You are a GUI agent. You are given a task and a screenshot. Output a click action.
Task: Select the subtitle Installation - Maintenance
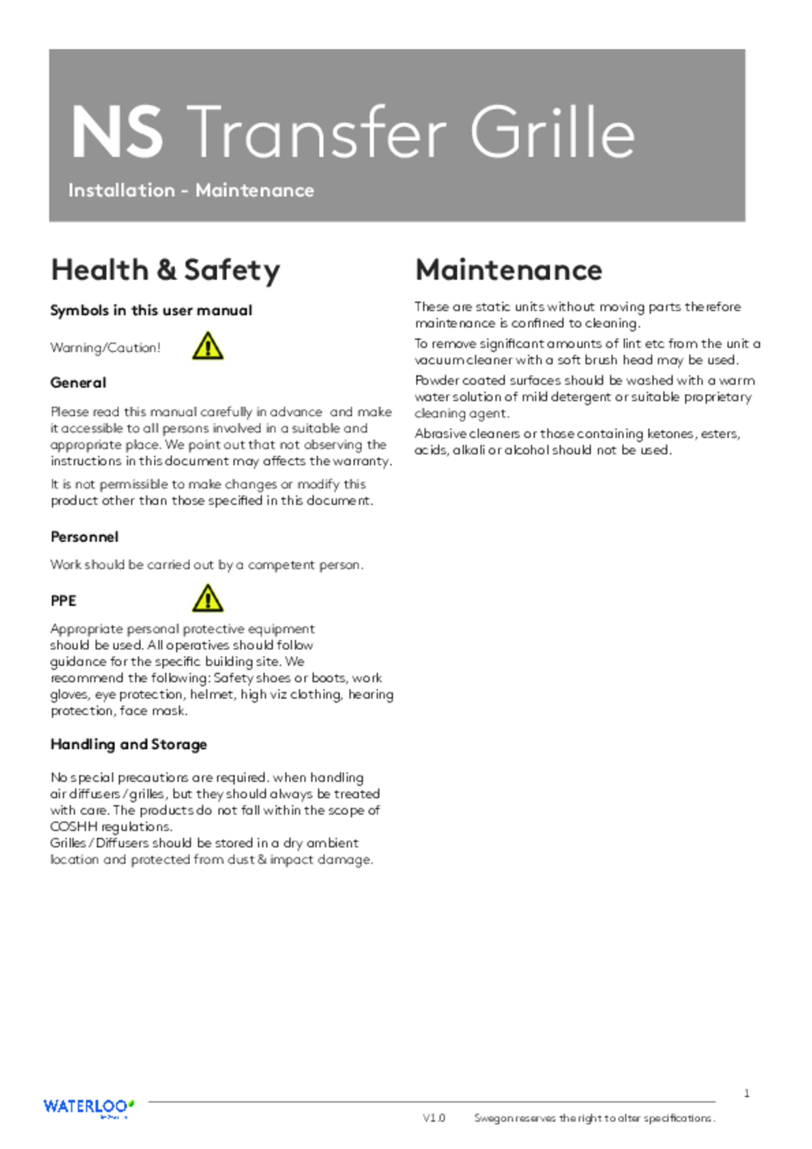pos(191,190)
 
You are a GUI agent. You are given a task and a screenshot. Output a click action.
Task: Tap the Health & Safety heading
pos(165,269)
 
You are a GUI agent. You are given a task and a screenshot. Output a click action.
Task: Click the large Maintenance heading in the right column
pos(509,269)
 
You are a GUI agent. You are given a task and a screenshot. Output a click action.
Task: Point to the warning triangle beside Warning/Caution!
pos(208,347)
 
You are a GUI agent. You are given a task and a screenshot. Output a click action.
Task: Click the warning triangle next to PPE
pos(208,598)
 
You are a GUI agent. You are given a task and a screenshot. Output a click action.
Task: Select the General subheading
pos(78,383)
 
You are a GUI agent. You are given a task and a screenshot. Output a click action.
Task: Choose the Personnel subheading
pos(84,536)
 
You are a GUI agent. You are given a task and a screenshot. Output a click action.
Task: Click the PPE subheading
pos(63,601)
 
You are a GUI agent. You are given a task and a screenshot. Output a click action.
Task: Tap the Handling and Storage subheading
pos(128,745)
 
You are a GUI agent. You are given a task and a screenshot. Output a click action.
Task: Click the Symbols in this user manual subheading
pos(151,310)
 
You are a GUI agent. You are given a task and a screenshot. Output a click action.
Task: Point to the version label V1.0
pos(434,1118)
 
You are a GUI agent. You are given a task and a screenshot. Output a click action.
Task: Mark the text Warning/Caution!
pos(105,348)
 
